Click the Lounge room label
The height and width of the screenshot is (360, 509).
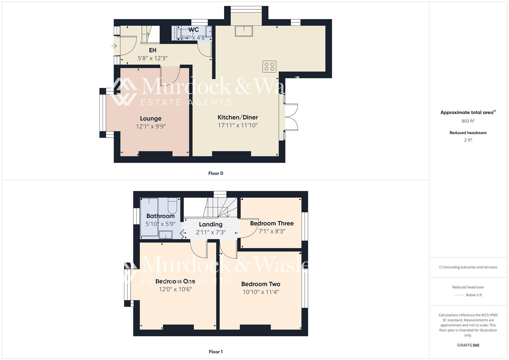tap(151, 118)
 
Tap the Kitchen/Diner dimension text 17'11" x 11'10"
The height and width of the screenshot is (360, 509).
tap(238, 125)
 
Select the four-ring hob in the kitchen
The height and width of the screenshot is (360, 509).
tap(269, 66)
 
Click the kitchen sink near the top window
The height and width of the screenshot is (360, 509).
tap(244, 31)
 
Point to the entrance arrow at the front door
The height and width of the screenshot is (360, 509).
tap(114, 46)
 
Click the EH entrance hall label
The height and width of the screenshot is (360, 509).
tap(152, 50)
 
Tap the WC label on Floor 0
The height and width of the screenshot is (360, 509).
tap(193, 30)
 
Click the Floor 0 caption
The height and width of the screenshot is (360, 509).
tap(216, 173)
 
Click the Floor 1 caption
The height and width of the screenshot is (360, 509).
tap(216, 352)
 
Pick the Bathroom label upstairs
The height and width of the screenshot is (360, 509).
tap(160, 216)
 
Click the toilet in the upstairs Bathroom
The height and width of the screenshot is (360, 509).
tap(172, 206)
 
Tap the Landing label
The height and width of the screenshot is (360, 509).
tap(211, 224)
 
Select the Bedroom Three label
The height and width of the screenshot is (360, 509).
tap(272, 223)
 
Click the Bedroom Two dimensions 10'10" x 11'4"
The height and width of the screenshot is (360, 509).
tap(261, 292)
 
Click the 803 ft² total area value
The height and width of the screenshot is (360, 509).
tap(468, 121)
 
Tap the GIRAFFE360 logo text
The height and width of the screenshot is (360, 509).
tap(468, 345)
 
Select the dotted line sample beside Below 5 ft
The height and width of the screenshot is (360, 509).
tap(459, 295)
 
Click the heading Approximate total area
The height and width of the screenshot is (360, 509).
tap(467, 112)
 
